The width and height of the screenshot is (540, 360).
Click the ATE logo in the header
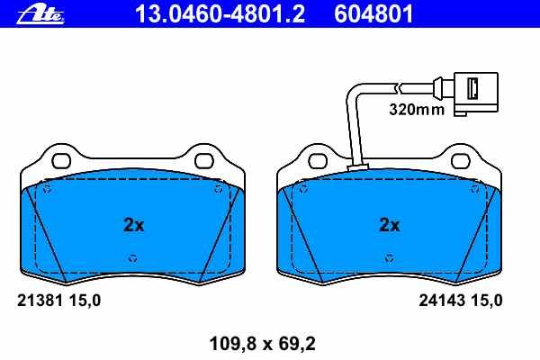pos(40,15)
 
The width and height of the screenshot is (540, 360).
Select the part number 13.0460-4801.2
pos(220,14)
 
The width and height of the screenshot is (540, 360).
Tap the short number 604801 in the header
pos(373,14)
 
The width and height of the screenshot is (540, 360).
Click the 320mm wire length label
pos(417,110)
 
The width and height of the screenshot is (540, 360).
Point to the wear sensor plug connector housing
pos(476,93)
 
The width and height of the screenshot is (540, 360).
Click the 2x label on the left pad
pos(133,225)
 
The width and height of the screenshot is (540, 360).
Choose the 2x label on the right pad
pos(390,225)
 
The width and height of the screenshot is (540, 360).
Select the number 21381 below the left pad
pos(40,301)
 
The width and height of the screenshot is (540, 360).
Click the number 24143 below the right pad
pos(442,301)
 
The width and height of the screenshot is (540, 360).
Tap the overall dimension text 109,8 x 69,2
pos(263,344)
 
